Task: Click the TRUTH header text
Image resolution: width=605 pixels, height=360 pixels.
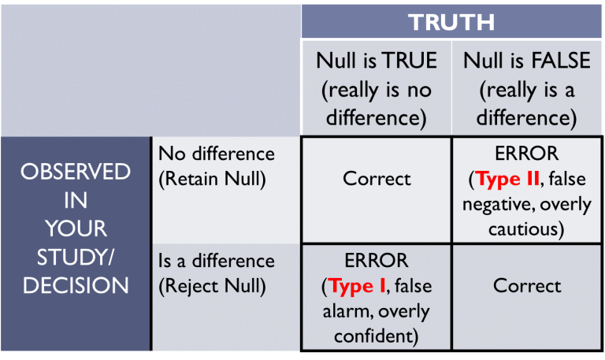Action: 451,21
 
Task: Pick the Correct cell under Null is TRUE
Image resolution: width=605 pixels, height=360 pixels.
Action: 377,178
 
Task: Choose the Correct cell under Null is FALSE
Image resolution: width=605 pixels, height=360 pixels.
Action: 527,285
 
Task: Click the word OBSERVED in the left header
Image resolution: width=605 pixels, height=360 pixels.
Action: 76,172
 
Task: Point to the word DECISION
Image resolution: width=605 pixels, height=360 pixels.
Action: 76,285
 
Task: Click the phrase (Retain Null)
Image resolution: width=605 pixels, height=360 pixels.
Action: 213,179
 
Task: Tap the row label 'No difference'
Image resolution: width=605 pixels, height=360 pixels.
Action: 217,154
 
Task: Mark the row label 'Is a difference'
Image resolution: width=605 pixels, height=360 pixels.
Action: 217,261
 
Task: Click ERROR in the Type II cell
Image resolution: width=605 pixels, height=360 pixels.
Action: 527,154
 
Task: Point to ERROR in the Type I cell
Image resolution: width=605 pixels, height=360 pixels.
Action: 377,261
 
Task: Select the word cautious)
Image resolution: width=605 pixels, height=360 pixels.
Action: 527,230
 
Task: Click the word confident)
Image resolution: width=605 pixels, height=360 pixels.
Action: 377,336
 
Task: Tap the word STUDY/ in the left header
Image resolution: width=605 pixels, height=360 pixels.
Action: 76,257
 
